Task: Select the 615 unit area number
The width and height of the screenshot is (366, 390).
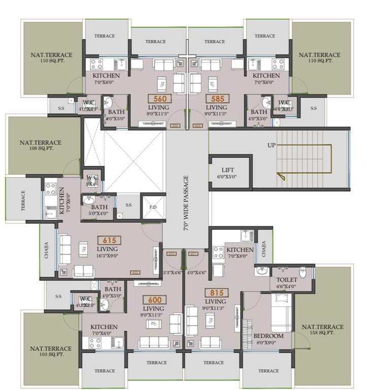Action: point(109,240)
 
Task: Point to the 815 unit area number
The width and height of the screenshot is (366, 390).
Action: point(216,293)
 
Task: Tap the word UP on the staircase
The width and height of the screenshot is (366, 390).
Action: point(272,145)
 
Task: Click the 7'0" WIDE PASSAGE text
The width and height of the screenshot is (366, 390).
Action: point(186,203)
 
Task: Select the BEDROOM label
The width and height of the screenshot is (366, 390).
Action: point(269,336)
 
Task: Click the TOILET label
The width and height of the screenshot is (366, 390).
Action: point(286,279)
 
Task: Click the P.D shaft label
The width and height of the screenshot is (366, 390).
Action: point(152,208)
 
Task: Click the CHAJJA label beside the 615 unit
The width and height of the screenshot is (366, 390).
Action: point(47,250)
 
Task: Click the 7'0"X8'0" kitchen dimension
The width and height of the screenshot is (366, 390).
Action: point(240,257)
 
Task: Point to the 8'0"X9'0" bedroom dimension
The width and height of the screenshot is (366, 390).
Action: point(269,343)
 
